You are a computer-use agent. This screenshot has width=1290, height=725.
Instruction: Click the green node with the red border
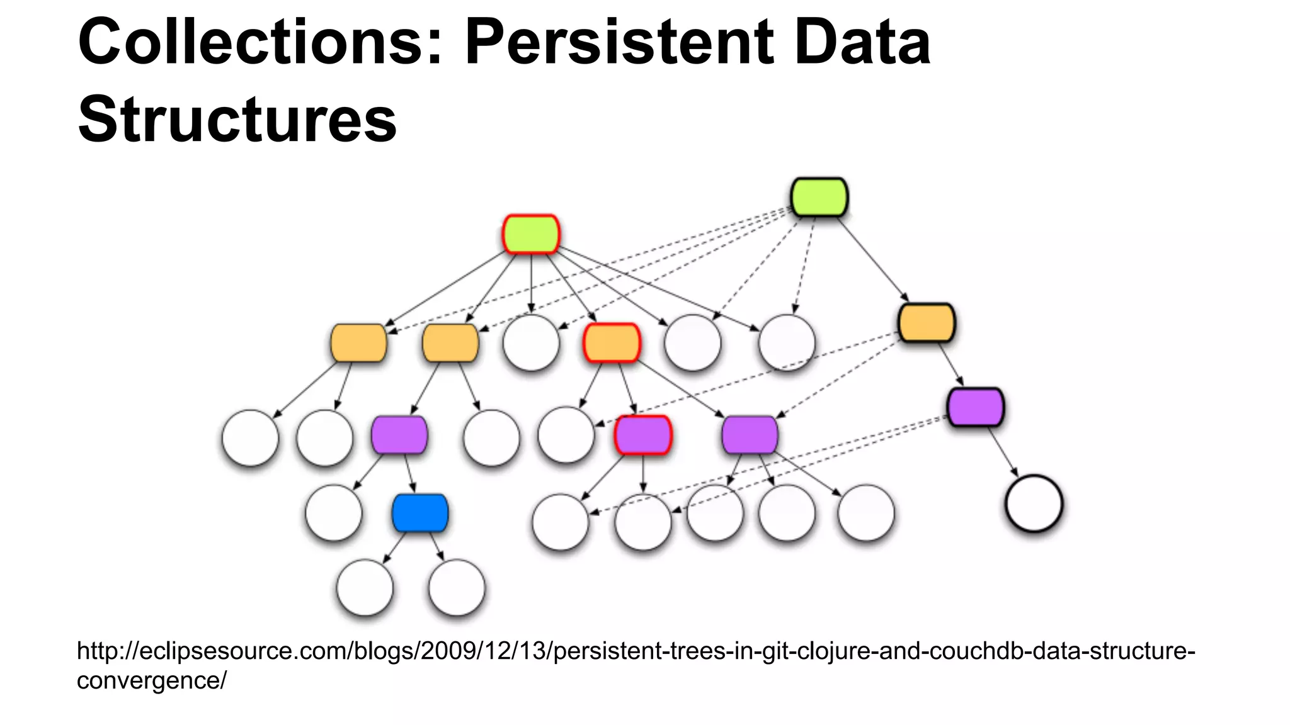coord(531,234)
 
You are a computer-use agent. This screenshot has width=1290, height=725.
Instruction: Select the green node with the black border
coord(819,198)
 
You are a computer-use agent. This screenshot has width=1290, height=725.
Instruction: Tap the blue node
coord(420,513)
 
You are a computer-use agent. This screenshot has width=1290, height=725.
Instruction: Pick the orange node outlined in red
coord(612,343)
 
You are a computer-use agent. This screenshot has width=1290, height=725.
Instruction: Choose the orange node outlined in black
coord(927,323)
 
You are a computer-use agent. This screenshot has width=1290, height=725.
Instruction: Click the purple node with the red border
coord(643,435)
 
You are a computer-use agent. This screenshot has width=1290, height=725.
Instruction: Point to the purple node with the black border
coord(976,407)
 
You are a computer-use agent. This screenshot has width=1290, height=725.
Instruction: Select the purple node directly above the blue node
coord(399,435)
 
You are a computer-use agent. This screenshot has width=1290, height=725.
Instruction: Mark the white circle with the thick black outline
coord(1034,503)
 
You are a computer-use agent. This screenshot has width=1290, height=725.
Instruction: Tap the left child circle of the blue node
coord(365,587)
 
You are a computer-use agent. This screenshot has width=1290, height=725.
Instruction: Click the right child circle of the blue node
coord(457,587)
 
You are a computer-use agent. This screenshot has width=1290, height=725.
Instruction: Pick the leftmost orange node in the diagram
coord(358,343)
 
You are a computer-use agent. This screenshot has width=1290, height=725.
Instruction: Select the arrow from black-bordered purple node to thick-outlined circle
coord(1002,451)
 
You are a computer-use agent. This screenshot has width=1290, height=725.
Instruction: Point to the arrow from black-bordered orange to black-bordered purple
coord(951,365)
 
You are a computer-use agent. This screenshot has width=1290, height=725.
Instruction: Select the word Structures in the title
coord(237,120)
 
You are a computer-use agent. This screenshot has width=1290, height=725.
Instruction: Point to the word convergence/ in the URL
coord(151,680)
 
